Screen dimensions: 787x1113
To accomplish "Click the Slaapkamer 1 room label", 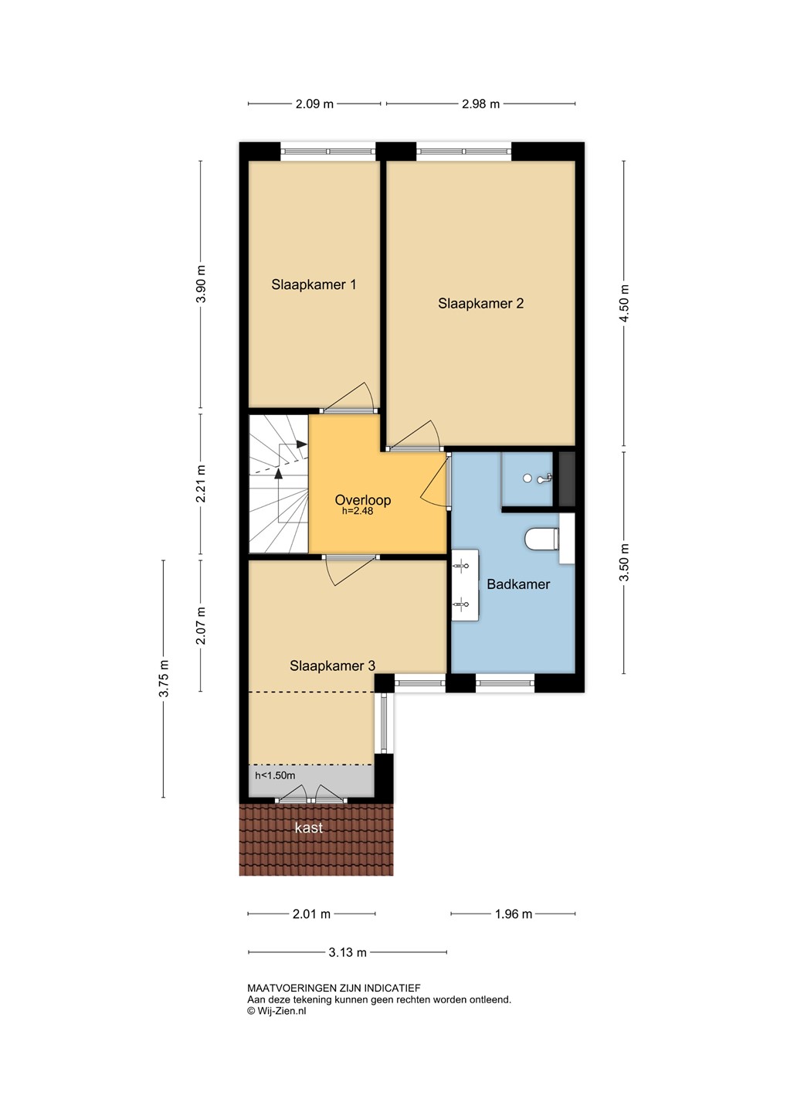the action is pos(314,284).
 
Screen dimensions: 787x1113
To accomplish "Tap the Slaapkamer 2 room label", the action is pos(480,304).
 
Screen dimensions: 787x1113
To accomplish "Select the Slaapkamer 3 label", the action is pos(333,665).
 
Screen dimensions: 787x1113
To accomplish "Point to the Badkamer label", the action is pos(518,584).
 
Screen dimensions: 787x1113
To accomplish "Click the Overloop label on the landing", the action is pos(363,500).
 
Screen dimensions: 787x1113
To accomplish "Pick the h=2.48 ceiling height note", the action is pos(358,511).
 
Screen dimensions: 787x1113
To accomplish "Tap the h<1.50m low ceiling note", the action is pos(275,776).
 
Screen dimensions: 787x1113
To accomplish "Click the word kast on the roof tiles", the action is pos(309,828).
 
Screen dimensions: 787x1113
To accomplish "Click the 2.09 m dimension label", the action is pos(315,104).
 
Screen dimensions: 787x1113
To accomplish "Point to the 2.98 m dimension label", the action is pos(480,104).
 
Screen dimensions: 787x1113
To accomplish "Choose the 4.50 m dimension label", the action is pos(625,303).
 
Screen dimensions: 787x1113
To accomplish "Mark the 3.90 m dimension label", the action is pos(201,284).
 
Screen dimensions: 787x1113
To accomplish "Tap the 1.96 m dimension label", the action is pos(514,914).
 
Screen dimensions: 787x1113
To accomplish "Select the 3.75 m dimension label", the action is pos(164,679).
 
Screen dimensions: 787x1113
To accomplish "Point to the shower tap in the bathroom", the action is pos(545,478).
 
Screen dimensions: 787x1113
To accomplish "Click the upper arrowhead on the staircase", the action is pos(301,444).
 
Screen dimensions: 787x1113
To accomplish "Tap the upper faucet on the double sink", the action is pos(460,565).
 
